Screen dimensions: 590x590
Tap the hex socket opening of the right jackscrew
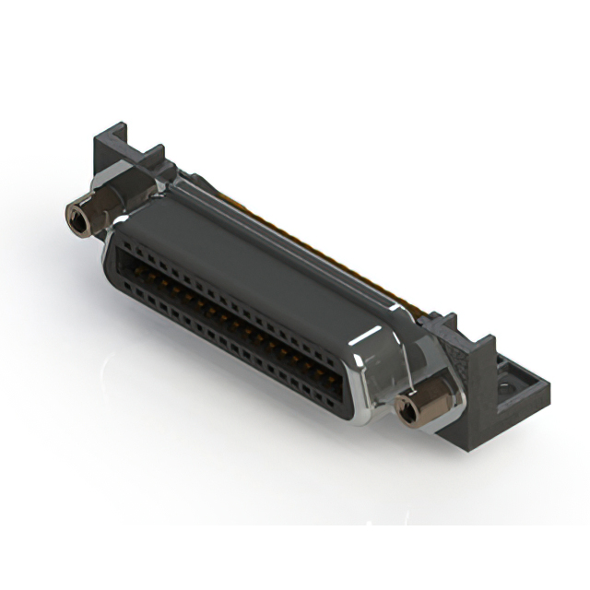pyautogui.click(x=405, y=407)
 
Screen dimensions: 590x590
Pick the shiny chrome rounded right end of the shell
pyautogui.click(x=369, y=387)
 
